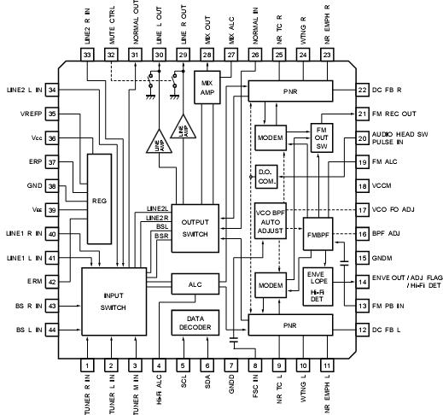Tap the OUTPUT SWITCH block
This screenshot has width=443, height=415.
pos(195,228)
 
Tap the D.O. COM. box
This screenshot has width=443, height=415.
pos(265,175)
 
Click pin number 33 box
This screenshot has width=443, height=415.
pos(88,54)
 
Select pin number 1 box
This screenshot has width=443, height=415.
pos(88,365)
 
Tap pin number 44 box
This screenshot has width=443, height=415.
pos(53,330)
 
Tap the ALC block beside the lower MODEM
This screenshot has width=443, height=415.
pos(195,283)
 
